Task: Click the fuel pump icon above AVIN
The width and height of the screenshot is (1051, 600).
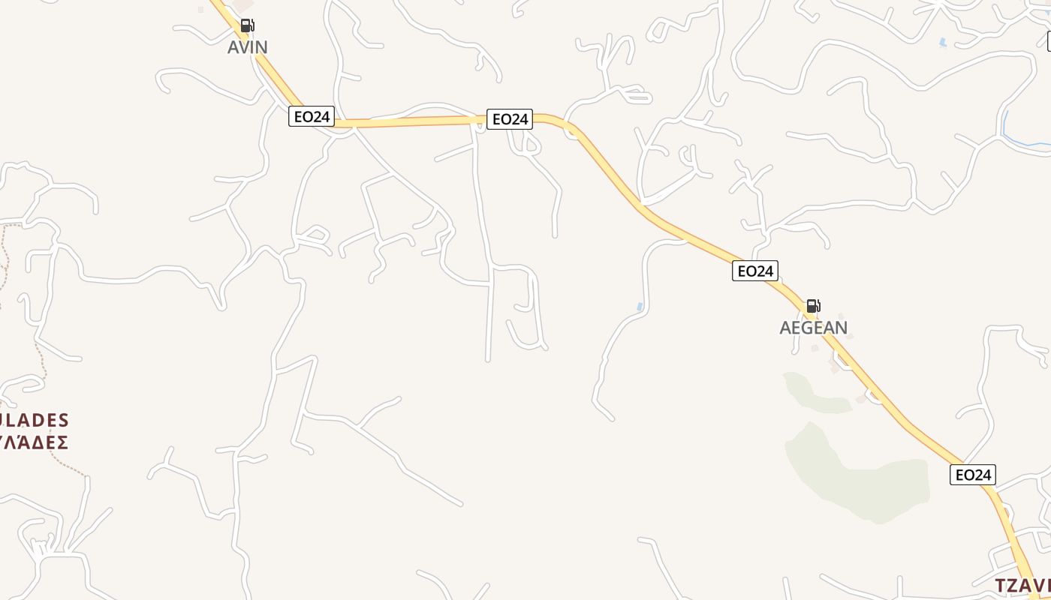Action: pos(247,26)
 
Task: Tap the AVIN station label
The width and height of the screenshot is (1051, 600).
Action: pos(247,47)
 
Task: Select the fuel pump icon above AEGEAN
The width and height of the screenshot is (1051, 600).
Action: pos(813,306)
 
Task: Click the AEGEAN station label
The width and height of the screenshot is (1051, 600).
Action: pos(813,328)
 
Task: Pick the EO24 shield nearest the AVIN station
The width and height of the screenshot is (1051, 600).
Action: pos(311,116)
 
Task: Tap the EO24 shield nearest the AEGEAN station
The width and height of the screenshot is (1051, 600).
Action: pos(754,271)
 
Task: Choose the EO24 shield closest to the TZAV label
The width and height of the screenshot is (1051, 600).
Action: pos(972,475)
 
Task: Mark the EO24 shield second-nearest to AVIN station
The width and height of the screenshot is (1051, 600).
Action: pos(509,118)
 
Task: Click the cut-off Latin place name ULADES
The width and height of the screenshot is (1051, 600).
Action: pos(35,420)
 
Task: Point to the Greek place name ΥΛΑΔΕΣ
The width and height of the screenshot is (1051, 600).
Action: pos(35,442)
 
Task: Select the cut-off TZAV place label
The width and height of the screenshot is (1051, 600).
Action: pos(1022,585)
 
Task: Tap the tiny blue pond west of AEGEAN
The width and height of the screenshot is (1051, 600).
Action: pos(640,307)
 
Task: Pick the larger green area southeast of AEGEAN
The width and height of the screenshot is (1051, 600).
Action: pos(856,480)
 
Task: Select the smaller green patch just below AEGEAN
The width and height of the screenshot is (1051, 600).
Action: pos(815,394)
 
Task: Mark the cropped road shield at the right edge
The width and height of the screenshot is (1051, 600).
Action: pos(1049,41)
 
